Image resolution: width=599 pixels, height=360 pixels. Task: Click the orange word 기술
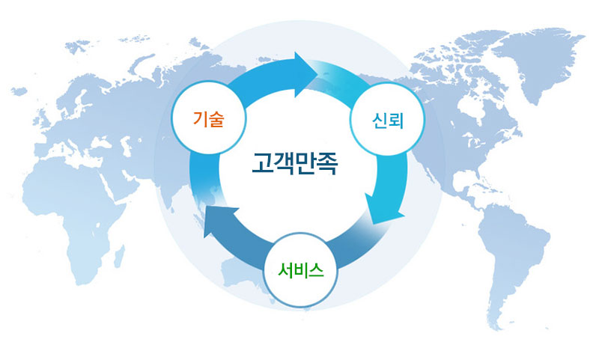[208, 119]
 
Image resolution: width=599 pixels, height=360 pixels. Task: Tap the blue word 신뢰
[387, 120]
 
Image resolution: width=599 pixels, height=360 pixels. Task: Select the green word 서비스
[301, 271]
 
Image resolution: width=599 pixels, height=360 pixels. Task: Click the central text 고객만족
[294, 163]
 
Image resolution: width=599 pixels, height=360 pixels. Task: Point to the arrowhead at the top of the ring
[305, 75]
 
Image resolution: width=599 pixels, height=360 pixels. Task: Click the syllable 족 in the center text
[327, 163]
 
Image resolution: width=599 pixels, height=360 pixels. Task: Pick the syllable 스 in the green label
[317, 271]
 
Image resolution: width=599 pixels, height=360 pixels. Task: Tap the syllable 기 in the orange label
[200, 119]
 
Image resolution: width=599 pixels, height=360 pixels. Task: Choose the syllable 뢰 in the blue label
[396, 120]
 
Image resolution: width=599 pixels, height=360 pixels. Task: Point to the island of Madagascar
[120, 256]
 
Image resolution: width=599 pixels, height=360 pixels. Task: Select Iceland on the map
[19, 91]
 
